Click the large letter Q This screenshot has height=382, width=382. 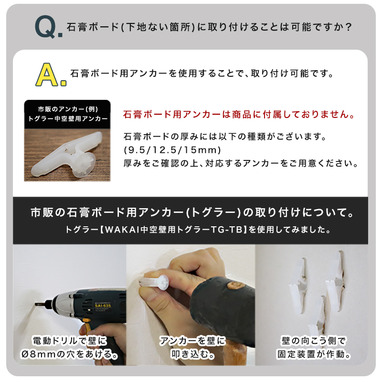[46, 27]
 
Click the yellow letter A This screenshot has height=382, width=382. [47, 74]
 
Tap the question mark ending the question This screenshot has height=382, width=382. [349, 27]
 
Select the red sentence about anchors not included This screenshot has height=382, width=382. [239, 115]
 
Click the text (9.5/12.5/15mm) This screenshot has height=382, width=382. [172, 150]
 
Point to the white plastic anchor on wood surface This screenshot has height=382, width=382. [67, 155]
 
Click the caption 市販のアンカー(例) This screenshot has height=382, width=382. [68, 109]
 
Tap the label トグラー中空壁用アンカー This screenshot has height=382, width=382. [68, 118]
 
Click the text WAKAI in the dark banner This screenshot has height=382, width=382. [122, 230]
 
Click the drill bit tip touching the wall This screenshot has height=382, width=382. [36, 304]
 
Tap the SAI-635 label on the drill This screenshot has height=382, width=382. [103, 306]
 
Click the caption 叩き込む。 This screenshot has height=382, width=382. [193, 354]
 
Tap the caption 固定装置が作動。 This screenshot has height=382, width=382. [314, 354]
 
